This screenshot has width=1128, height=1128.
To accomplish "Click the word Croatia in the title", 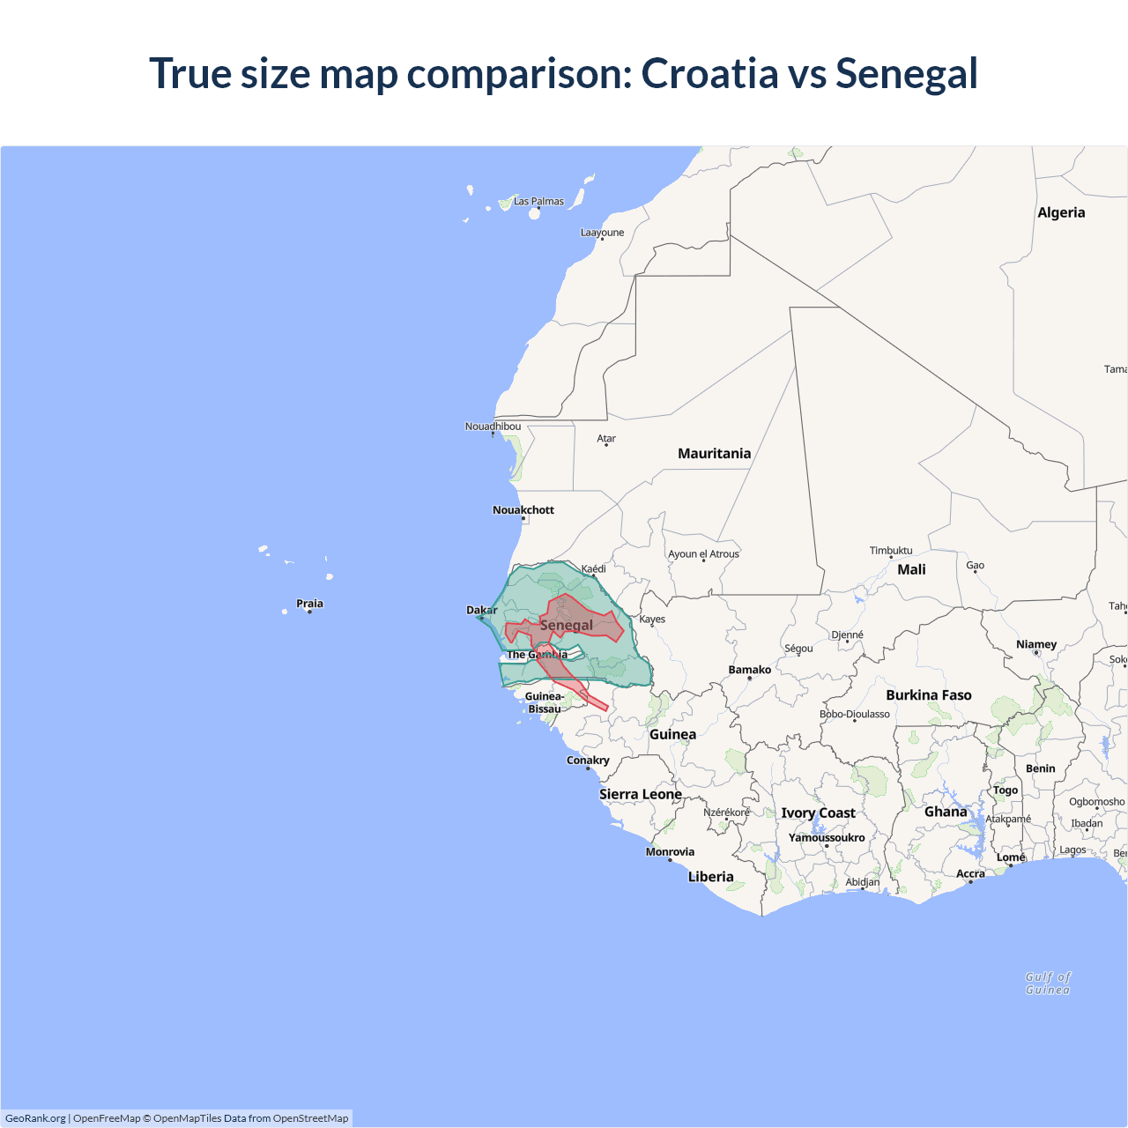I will pos(709,73).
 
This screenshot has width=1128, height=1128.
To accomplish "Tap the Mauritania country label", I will pos(714,453).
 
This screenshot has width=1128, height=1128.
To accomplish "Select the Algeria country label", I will pos(1061,212).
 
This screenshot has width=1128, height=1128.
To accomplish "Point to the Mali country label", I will pos(911,569).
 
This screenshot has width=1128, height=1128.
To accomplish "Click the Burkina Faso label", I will pos(928,694).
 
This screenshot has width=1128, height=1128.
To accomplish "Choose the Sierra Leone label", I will pos(640,794).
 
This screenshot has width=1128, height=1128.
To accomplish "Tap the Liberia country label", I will pos(710,876).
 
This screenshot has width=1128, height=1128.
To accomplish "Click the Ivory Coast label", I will pos(818,813).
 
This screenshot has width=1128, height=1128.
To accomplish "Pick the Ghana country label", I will pos(945,812).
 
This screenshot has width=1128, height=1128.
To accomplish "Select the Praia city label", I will pos(309,604).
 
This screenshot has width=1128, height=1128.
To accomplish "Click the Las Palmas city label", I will pos(538,201).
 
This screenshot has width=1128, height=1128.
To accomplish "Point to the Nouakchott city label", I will pos(523,509).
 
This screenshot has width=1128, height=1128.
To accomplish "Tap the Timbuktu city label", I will pos(891,550).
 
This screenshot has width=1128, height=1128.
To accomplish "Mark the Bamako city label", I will pos(750,670).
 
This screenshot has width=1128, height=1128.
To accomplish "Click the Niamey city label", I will pos(1036,644).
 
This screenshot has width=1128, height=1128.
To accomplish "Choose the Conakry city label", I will pos(588,760).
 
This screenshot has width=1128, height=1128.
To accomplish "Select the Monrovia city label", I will pos(670,851).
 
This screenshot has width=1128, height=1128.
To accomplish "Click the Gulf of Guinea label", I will pos(1048,983).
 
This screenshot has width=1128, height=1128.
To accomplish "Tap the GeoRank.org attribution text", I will pos(35,1118).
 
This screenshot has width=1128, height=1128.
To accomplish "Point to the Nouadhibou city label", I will pos(493,427).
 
